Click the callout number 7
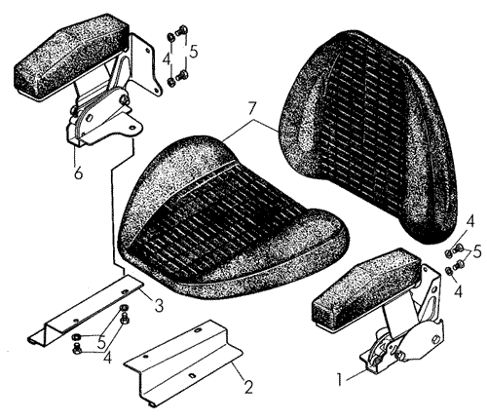(x=252, y=109)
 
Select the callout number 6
(x=78, y=172)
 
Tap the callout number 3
(x=159, y=305)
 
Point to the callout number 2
(x=248, y=387)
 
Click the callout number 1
(x=340, y=380)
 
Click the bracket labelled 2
(x=183, y=363)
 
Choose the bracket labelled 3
(x=85, y=309)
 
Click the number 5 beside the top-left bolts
(x=194, y=52)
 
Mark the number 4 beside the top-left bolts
(x=167, y=59)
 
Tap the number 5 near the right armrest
(x=476, y=251)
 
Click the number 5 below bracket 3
(x=101, y=342)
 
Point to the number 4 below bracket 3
(x=107, y=359)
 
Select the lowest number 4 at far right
(x=458, y=291)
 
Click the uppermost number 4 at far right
(x=469, y=222)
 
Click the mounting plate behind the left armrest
(x=145, y=65)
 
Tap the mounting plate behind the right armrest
(x=431, y=290)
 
